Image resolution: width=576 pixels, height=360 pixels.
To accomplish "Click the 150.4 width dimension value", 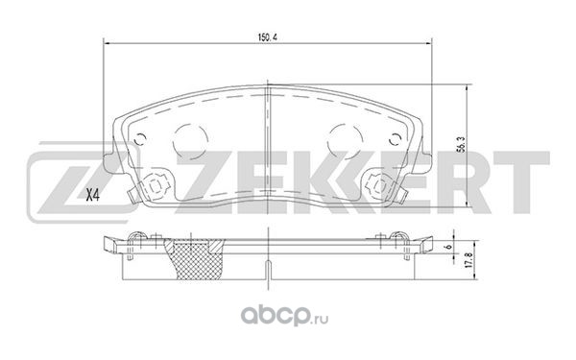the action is pyautogui.click(x=267, y=37).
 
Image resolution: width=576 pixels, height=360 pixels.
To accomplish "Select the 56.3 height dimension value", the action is pyautogui.click(x=463, y=144).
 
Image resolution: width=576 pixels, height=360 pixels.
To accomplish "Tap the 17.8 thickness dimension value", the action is pyautogui.click(x=468, y=260).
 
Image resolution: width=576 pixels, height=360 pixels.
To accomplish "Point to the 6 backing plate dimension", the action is pyautogui.click(x=448, y=247).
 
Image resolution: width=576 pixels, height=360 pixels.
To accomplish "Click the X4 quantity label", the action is pyautogui.click(x=92, y=196).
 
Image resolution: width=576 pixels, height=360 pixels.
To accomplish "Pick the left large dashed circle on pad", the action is pyautogui.click(x=190, y=140).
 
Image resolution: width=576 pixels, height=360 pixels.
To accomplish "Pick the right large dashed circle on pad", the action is pyautogui.click(x=345, y=140).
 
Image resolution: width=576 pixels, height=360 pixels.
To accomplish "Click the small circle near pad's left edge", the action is pyautogui.click(x=140, y=139).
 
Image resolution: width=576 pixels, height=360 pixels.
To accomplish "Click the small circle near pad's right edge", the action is pyautogui.click(x=395, y=139).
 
